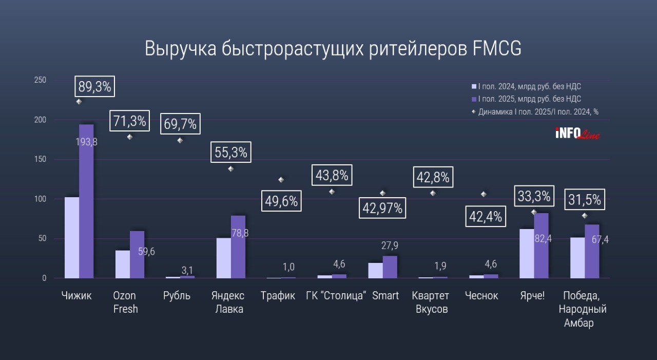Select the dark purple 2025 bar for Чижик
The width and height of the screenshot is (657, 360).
coord(86,205)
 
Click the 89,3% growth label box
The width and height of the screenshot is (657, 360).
coord(94,87)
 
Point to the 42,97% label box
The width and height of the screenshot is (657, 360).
coord(383,209)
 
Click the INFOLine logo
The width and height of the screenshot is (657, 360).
coord(577,134)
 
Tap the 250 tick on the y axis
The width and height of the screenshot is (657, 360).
coord(40,80)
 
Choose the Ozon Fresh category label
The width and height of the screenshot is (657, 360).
coord(125,302)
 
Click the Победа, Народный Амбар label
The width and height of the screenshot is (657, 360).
coord(585,309)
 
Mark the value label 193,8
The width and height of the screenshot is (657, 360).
coord(87,142)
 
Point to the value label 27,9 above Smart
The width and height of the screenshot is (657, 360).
coord(390,246)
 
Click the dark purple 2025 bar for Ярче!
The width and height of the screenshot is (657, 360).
coord(541,247)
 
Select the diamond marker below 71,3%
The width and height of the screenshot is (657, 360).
coord(129,137)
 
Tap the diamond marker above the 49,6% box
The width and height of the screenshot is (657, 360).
coord(281,180)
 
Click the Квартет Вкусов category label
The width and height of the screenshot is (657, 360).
coord(430,302)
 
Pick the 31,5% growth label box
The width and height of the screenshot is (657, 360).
coord(584,200)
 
